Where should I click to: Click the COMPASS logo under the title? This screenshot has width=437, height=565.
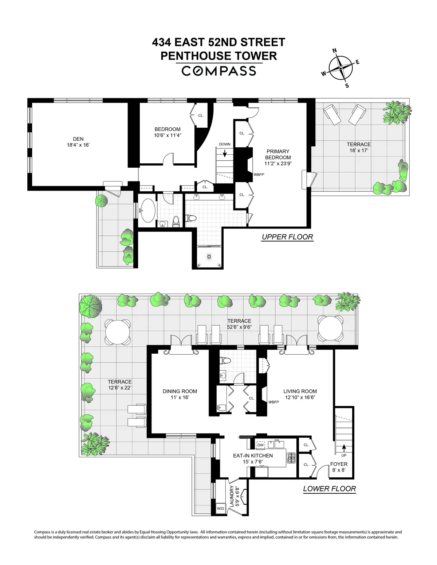[x=219, y=70]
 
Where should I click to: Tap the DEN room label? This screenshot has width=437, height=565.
[x=78, y=139]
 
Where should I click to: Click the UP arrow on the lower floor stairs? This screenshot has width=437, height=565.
[x=343, y=447]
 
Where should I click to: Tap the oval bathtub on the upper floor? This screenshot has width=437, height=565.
[x=147, y=210]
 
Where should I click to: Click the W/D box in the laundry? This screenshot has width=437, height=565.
[x=221, y=508]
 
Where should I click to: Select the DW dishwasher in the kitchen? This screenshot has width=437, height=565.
[x=260, y=445]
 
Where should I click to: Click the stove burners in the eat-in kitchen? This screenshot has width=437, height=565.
[x=291, y=458]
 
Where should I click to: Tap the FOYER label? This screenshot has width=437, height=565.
[x=339, y=464]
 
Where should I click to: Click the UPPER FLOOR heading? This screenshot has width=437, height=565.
[x=287, y=237]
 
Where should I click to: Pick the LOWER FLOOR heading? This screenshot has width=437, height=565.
[x=329, y=489]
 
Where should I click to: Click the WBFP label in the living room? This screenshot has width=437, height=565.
[x=273, y=402]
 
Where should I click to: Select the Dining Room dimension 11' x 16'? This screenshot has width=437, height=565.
[x=180, y=398]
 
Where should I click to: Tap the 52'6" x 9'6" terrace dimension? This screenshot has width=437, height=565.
[x=239, y=327]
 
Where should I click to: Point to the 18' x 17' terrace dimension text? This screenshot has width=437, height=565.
[x=358, y=150]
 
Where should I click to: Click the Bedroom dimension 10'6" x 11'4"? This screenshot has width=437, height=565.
[x=168, y=135]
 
